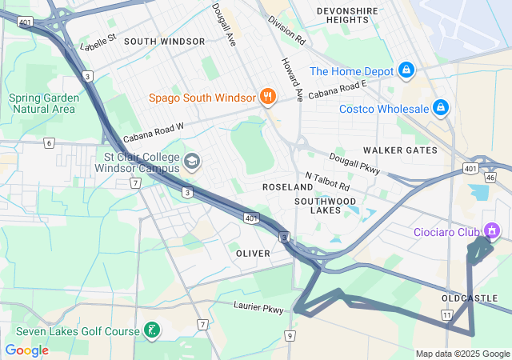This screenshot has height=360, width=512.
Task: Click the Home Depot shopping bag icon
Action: (x=406, y=71)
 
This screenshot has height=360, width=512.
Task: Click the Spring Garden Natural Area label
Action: (x=42, y=103)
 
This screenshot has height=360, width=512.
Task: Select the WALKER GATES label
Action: (x=400, y=150)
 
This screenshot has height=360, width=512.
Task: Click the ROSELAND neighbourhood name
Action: (x=287, y=186)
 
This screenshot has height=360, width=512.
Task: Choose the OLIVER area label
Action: (x=253, y=253)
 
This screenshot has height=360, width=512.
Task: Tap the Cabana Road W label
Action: (x=154, y=132)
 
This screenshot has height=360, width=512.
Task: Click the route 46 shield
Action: (x=490, y=177)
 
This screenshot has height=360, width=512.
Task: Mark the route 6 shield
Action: (x=50, y=143)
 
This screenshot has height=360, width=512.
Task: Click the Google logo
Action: (x=26, y=350)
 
